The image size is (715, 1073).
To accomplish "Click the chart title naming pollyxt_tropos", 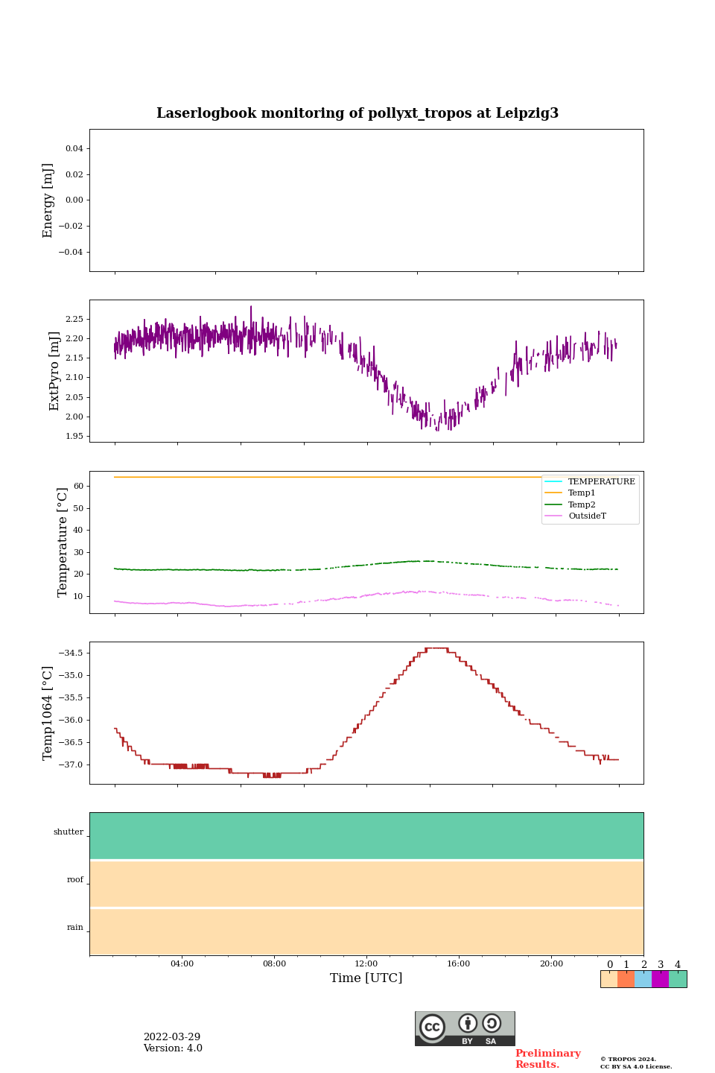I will [x=357, y=113].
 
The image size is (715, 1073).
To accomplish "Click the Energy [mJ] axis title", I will [x=48, y=200].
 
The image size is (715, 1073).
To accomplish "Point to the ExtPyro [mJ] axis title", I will [x=54, y=371].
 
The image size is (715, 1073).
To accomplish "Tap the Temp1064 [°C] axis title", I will [x=48, y=713].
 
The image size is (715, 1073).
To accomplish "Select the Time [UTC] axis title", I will [x=366, y=978].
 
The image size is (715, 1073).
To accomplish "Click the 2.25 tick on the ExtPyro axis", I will [x=74, y=319].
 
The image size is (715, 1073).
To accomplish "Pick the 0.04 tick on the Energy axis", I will [x=74, y=149].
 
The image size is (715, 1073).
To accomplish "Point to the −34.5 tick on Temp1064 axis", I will [x=71, y=653].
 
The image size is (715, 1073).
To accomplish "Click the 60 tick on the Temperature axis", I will [x=77, y=487].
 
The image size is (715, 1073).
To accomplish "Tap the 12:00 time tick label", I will [x=366, y=963].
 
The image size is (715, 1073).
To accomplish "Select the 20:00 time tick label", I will [x=551, y=963].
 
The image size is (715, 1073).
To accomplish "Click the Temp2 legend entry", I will [x=582, y=504].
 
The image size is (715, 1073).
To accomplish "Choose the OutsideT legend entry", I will [x=587, y=516].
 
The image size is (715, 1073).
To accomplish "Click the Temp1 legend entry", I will [x=582, y=493].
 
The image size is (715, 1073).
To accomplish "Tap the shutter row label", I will [x=69, y=832].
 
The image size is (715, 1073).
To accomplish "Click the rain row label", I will [x=75, y=928].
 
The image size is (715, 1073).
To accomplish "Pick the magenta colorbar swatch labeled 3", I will [x=660, y=979].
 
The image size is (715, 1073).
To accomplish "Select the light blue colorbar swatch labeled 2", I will [x=643, y=979].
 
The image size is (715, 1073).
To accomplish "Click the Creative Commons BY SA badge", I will [x=465, y=1028].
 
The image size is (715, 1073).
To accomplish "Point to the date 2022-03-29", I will [x=172, y=1037].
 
